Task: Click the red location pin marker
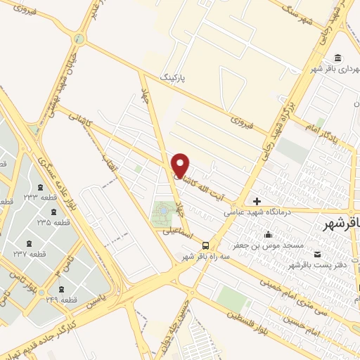[x=181, y=165]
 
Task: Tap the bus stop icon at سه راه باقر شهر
[x=205, y=245]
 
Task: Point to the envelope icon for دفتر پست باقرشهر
[x=319, y=253]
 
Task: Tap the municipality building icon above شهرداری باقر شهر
[x=339, y=58]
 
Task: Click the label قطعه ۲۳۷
[x=29, y=254]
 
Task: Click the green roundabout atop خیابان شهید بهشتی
[x=79, y=38]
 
